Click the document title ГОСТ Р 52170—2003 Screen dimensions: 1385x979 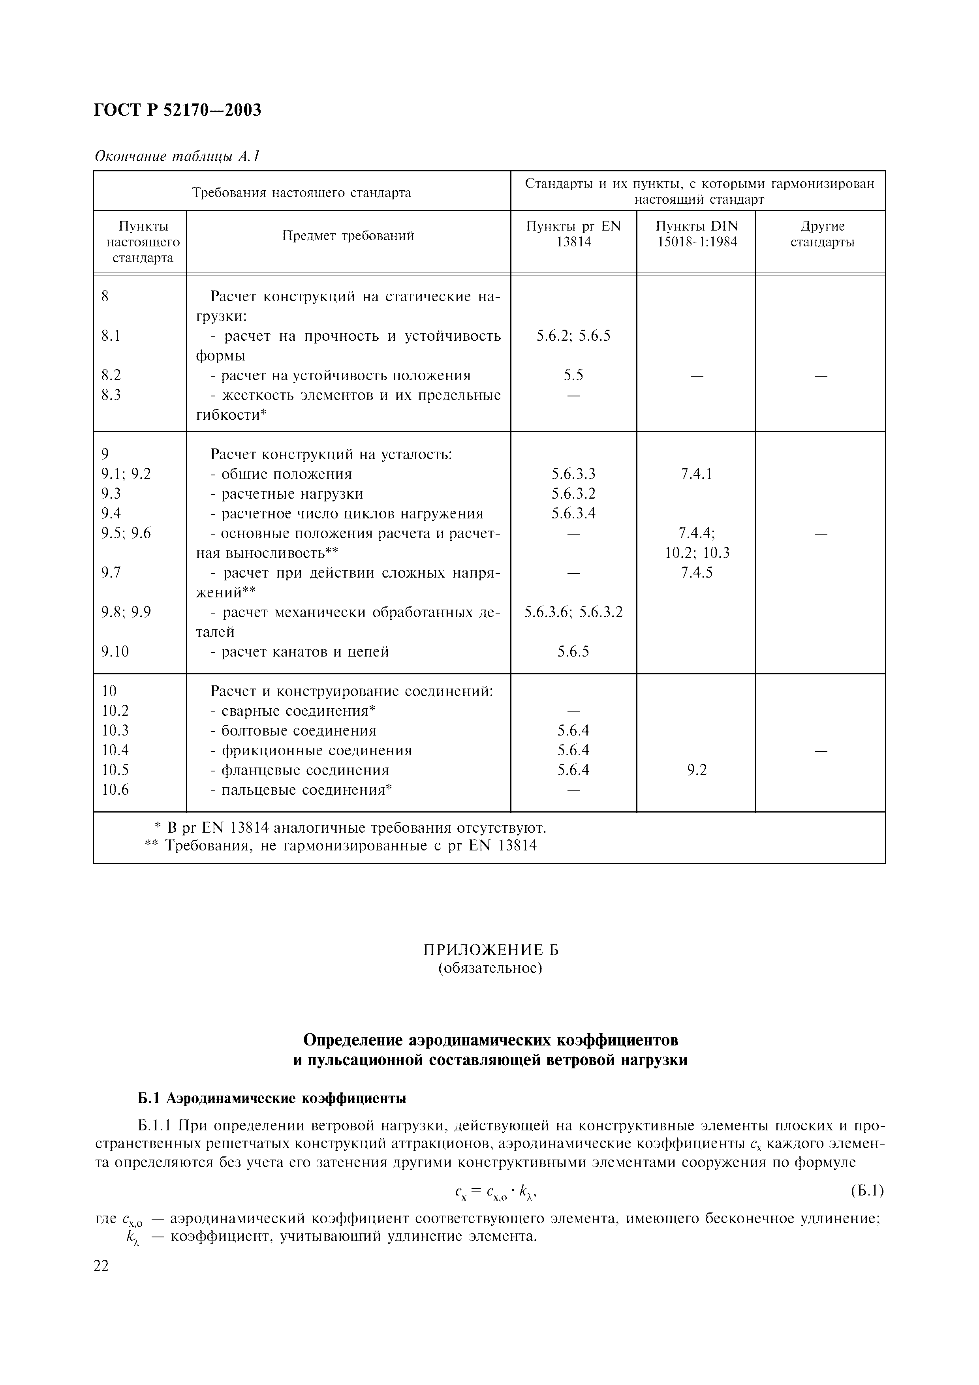tap(178, 111)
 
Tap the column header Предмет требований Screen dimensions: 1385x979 tap(348, 236)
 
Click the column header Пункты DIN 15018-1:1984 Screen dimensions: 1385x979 tap(696, 234)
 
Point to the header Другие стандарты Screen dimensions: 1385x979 tap(821, 234)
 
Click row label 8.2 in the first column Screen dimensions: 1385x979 tap(111, 375)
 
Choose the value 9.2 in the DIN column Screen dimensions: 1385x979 tap(696, 770)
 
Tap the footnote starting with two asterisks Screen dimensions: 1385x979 tap(341, 846)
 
